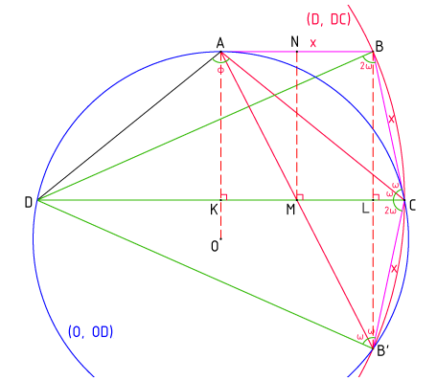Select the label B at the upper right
[x=379, y=44]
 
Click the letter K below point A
[x=214, y=209]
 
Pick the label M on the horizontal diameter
[x=288, y=210]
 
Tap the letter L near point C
[x=365, y=209]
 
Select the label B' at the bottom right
[x=383, y=351]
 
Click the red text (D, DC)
[x=327, y=19]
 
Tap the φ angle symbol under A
[x=220, y=69]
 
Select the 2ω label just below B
[x=366, y=67]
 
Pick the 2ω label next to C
[x=390, y=208]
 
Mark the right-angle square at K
[x=223, y=197]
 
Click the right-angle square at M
[x=300, y=197]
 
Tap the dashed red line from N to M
[x=297, y=124]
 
